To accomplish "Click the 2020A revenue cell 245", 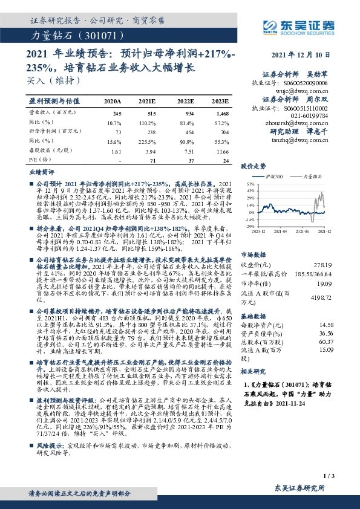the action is [117, 113].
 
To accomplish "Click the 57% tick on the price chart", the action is [250, 183].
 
